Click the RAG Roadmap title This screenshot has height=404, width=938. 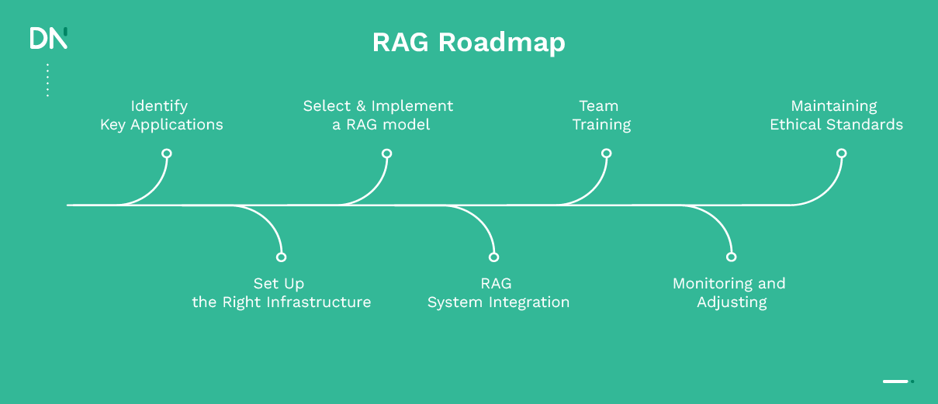point(469,43)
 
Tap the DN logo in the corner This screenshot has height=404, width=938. point(48,38)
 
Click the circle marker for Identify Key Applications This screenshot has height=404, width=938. point(166,154)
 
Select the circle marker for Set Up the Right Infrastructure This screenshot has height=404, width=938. point(281,257)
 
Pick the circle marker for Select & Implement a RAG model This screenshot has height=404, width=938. point(386,154)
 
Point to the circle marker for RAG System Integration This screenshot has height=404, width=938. point(493,257)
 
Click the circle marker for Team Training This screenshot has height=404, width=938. point(606,154)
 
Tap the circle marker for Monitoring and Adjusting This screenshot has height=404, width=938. point(730,257)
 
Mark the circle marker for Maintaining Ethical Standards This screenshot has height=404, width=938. point(841,154)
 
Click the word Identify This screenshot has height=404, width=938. point(159,106)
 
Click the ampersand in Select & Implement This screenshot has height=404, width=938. point(361,106)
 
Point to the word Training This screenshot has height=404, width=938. point(601,125)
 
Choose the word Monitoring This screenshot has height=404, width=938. point(709,284)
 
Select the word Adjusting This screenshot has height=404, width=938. point(732,302)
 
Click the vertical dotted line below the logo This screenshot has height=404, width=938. point(47,80)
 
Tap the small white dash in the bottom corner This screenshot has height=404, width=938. point(895,382)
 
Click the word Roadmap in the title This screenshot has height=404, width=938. point(502,43)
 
